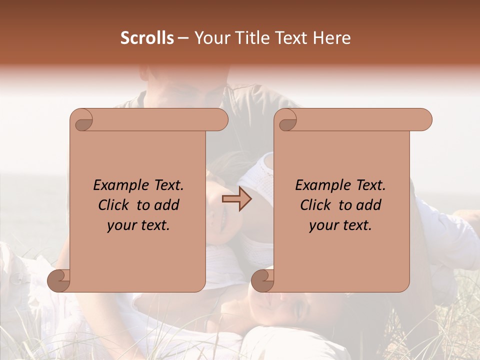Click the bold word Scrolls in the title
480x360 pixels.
[x=147, y=38]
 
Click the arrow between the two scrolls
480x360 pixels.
[x=237, y=198]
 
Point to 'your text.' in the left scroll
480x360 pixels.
[x=138, y=225]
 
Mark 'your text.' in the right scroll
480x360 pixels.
[x=340, y=225]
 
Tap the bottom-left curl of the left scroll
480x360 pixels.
[x=59, y=281]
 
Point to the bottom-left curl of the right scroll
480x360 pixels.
[x=263, y=281]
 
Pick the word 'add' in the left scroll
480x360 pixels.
[x=168, y=205]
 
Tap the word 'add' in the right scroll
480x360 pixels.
[x=370, y=205]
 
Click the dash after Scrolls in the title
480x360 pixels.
[x=183, y=38]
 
